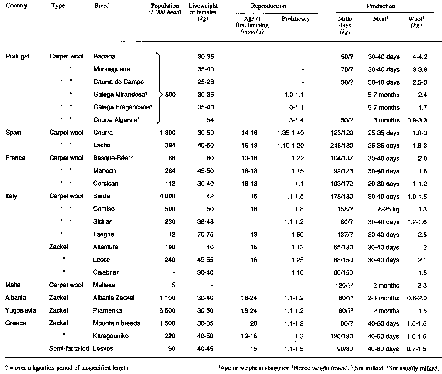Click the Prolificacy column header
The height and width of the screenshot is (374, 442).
(x=296, y=19)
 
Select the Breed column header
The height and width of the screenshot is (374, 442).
(x=102, y=6)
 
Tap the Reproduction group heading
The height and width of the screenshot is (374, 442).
(x=269, y=6)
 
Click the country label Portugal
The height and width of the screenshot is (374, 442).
(x=17, y=57)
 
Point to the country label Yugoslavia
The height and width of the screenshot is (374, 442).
(x=20, y=311)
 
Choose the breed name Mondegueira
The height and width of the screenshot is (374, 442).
(x=112, y=69)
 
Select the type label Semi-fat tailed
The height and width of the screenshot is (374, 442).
(x=70, y=349)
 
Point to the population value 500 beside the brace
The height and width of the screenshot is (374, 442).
(x=170, y=95)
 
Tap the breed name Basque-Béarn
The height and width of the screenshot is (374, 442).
(x=113, y=158)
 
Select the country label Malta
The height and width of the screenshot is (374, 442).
(x=13, y=286)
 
